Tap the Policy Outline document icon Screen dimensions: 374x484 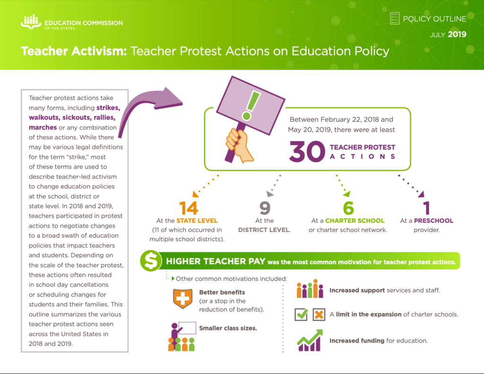tap(395, 18)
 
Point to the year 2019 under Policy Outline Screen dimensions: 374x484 tap(457, 35)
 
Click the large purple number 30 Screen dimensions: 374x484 tap(307, 151)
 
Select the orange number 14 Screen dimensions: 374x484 tap(188, 208)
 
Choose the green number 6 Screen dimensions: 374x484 tap(347, 208)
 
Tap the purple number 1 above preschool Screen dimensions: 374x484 tap(426, 208)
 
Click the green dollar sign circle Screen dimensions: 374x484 tap(151, 261)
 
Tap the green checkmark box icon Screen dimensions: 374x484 tap(301, 314)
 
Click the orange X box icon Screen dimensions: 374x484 tap(319, 314)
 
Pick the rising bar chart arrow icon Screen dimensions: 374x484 tap(310, 340)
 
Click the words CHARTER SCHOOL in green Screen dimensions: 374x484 tap(354, 220)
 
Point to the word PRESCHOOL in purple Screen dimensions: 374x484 tap(433, 220)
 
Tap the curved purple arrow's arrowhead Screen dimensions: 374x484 tap(172, 96)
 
